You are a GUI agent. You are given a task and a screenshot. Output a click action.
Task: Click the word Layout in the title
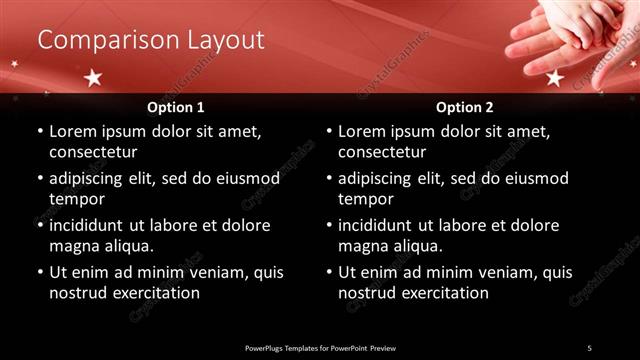coord(225,40)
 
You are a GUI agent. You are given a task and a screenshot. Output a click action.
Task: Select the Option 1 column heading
coord(176,106)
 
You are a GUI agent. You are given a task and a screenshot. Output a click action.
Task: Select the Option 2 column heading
coord(465,106)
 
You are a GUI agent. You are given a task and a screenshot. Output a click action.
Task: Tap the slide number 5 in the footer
coord(589,347)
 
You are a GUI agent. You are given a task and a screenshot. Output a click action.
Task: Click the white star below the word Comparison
coord(93,77)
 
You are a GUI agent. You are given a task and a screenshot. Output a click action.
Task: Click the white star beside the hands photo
coord(555,78)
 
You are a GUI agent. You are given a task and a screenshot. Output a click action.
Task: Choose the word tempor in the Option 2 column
coord(364,199)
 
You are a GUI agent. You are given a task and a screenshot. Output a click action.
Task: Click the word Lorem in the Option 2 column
coord(361,131)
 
